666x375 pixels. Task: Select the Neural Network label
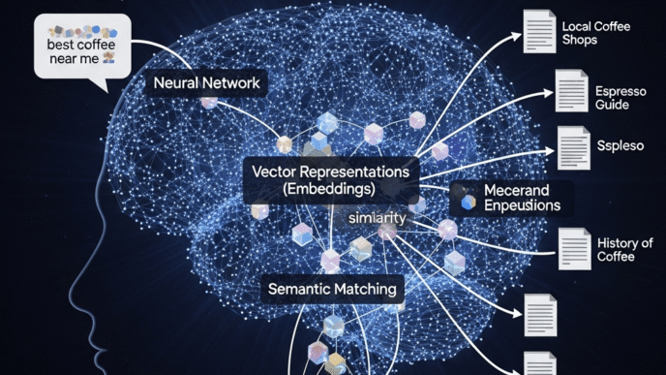pyautogui.click(x=206, y=83)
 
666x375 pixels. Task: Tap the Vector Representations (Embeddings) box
pyautogui.click(x=330, y=180)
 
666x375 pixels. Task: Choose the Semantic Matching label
pyautogui.click(x=332, y=289)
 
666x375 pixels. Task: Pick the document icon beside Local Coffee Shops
pyautogui.click(x=539, y=31)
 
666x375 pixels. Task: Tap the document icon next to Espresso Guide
pyautogui.click(x=572, y=91)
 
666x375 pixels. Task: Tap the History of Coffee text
pyautogui.click(x=624, y=250)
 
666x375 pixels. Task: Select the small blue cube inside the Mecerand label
pyautogui.click(x=469, y=201)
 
